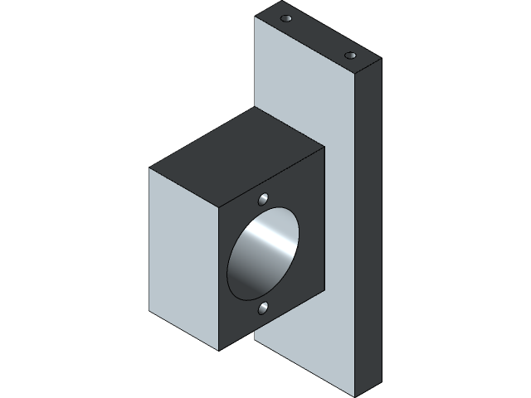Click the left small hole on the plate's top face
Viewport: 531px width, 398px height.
click(286, 18)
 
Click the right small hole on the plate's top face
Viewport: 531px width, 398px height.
click(350, 55)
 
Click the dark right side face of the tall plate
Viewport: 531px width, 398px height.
click(368, 224)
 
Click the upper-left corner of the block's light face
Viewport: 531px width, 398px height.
click(150, 168)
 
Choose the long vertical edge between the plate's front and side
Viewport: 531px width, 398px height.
click(358, 232)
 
